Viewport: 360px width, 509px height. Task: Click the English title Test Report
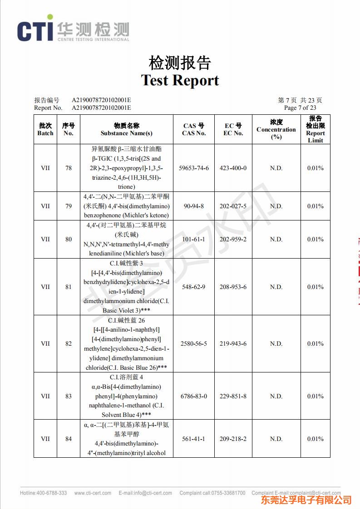(x=180, y=80)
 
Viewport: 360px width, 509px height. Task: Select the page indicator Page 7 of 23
(x=300, y=108)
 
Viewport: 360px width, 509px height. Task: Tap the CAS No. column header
(x=194, y=129)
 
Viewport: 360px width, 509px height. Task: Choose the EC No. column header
(x=233, y=129)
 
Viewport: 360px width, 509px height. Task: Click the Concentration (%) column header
(x=276, y=129)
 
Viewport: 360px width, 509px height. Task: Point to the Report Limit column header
(x=315, y=129)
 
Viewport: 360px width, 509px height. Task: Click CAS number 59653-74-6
(x=194, y=168)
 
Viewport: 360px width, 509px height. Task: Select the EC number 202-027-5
(x=233, y=206)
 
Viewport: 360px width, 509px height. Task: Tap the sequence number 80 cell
(x=69, y=239)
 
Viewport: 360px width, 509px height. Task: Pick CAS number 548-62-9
(x=194, y=287)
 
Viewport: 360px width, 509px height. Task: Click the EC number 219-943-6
(x=233, y=343)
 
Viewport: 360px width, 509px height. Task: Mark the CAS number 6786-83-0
(x=194, y=396)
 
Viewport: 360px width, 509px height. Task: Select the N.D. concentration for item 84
(x=276, y=439)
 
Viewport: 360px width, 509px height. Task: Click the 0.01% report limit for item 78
(x=315, y=168)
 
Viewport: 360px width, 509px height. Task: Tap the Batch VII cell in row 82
(x=45, y=343)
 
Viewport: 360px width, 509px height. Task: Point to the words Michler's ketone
(x=146, y=215)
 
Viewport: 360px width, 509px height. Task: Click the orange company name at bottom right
(x=306, y=500)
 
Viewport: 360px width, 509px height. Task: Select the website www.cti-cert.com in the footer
(x=91, y=493)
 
